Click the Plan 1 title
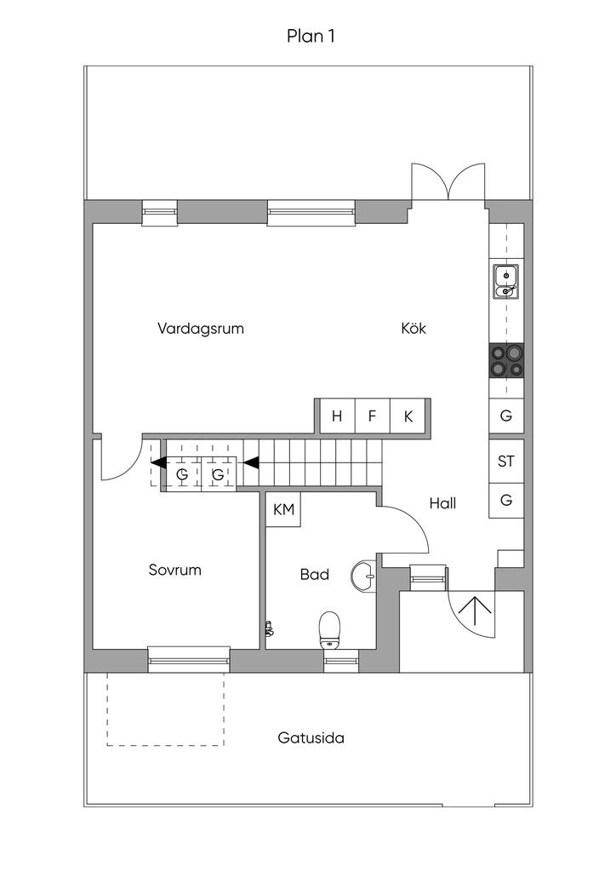pos(311,36)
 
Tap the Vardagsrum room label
pos(201,328)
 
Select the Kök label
pos(414,328)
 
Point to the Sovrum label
pos(174,570)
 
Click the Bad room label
pos(315,575)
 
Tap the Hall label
pos(442,503)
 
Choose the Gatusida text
pos(311,738)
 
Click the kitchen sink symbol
pos(506,281)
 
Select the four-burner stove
pos(506,360)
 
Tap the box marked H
pos(336,416)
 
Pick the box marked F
pos(372,416)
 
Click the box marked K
pos(408,416)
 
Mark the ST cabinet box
pos(506,461)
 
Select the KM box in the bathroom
pos(283,509)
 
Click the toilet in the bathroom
pos(329,630)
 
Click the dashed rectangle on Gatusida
pos(166,709)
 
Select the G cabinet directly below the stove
pos(506,416)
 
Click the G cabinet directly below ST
pos(506,501)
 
